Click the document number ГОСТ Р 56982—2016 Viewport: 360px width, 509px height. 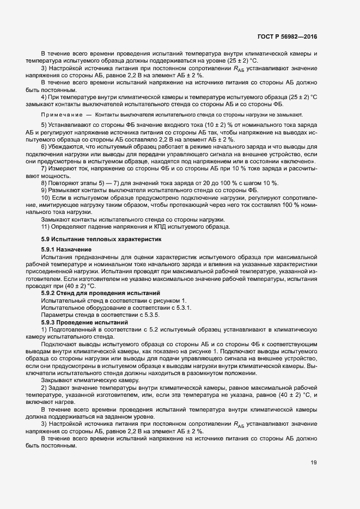[x=287, y=36]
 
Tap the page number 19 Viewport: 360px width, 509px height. [x=314, y=463]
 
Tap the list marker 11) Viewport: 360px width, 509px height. [x=46, y=226]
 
